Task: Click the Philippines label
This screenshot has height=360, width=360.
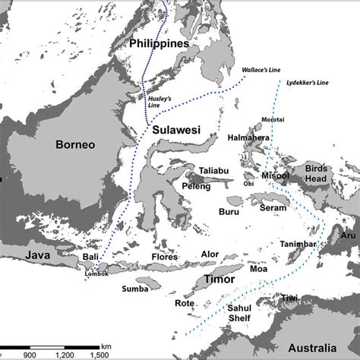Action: pyautogui.click(x=159, y=44)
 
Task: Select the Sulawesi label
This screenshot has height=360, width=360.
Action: pyautogui.click(x=175, y=130)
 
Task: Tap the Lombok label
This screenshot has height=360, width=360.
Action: pyautogui.click(x=96, y=273)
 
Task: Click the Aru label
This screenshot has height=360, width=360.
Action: pyautogui.click(x=348, y=236)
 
